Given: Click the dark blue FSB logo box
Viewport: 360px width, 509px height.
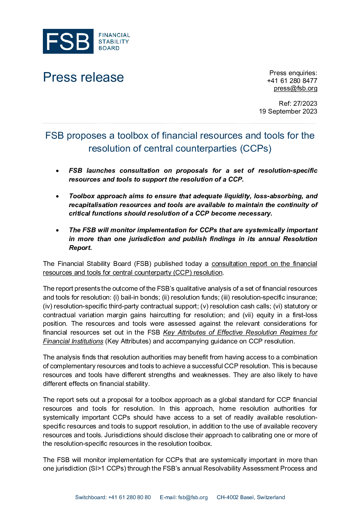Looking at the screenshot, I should [68, 41].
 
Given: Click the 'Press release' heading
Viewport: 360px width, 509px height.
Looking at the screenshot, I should [83, 77].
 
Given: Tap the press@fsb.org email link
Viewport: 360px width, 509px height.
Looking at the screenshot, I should [295, 88].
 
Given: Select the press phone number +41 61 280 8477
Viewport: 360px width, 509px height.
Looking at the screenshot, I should [292, 81].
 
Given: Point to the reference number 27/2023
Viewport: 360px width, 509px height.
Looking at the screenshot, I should [305, 103].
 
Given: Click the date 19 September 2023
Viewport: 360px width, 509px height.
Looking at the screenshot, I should [288, 111].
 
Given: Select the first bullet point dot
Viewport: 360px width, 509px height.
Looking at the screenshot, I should [58, 171].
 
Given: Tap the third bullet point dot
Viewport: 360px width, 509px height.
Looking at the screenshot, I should [58, 230].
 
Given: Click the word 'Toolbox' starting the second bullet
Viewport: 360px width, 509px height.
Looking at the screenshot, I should [82, 196].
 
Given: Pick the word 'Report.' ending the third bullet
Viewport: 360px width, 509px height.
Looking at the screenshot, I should [81, 248].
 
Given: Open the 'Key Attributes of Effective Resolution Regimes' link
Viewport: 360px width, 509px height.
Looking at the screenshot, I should [240, 333].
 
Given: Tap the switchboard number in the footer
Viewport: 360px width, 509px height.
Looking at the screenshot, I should [129, 497].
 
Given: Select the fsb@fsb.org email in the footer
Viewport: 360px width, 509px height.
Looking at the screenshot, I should [193, 497].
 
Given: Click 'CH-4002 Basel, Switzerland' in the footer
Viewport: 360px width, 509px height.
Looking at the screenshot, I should [251, 497].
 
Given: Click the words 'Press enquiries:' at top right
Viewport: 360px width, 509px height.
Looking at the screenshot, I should [293, 73].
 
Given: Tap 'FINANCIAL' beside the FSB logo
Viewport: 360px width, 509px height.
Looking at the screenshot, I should [114, 35].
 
